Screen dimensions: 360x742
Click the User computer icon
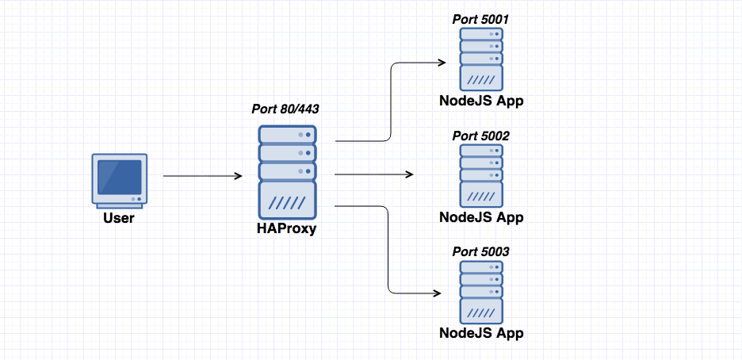pyautogui.click(x=118, y=181)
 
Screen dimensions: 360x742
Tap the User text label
pyautogui.click(x=119, y=218)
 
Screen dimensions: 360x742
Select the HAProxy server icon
pyautogui.click(x=287, y=172)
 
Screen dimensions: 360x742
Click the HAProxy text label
pyautogui.click(x=286, y=230)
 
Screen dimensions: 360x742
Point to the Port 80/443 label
pyautogui.click(x=287, y=109)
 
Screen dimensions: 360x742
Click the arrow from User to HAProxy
pyautogui.click(x=202, y=176)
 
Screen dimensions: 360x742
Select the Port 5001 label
pyautogui.click(x=480, y=19)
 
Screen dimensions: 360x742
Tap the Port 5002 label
pyautogui.click(x=480, y=136)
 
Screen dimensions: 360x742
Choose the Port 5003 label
pyautogui.click(x=480, y=251)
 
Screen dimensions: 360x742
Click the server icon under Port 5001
pyautogui.click(x=481, y=59)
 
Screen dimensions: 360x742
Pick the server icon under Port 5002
pyautogui.click(x=481, y=175)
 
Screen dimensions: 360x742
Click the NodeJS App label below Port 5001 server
pyautogui.click(x=481, y=101)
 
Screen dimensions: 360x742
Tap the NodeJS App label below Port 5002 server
pyautogui.click(x=481, y=217)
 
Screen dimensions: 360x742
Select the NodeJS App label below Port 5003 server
pyautogui.click(x=481, y=333)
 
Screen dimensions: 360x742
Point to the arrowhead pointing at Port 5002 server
pyautogui.click(x=409, y=174)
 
